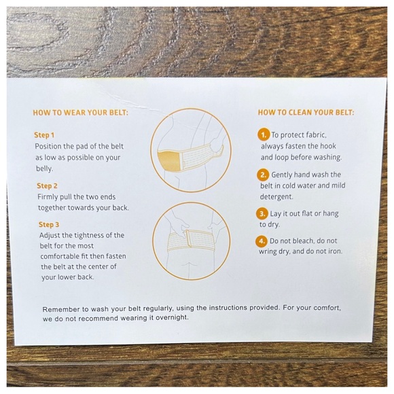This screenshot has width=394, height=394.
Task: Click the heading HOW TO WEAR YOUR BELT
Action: pyautogui.click(x=81, y=112)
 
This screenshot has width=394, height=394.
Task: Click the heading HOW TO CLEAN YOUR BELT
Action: pyautogui.click(x=306, y=112)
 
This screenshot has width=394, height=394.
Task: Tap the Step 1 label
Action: pyautogui.click(x=44, y=135)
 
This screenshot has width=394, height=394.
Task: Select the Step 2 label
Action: pyautogui.click(x=47, y=185)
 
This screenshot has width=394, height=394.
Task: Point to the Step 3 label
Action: pyautogui.click(x=49, y=224)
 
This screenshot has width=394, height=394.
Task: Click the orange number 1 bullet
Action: pyautogui.click(x=264, y=135)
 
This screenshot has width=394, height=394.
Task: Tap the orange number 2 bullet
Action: pyautogui.click(x=263, y=175)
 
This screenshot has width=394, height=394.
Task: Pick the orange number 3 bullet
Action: pyautogui.click(x=262, y=214)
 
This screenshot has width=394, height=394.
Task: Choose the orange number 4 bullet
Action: pyautogui.click(x=262, y=241)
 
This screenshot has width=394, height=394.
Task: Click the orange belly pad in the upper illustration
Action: pyautogui.click(x=169, y=160)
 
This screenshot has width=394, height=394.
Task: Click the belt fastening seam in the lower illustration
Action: pyautogui.click(x=187, y=238)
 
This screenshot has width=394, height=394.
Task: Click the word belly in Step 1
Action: pyautogui.click(x=44, y=168)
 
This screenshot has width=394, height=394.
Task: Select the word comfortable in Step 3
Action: pyautogui.click(x=60, y=256)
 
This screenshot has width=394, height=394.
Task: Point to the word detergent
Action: pyautogui.click(x=276, y=196)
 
